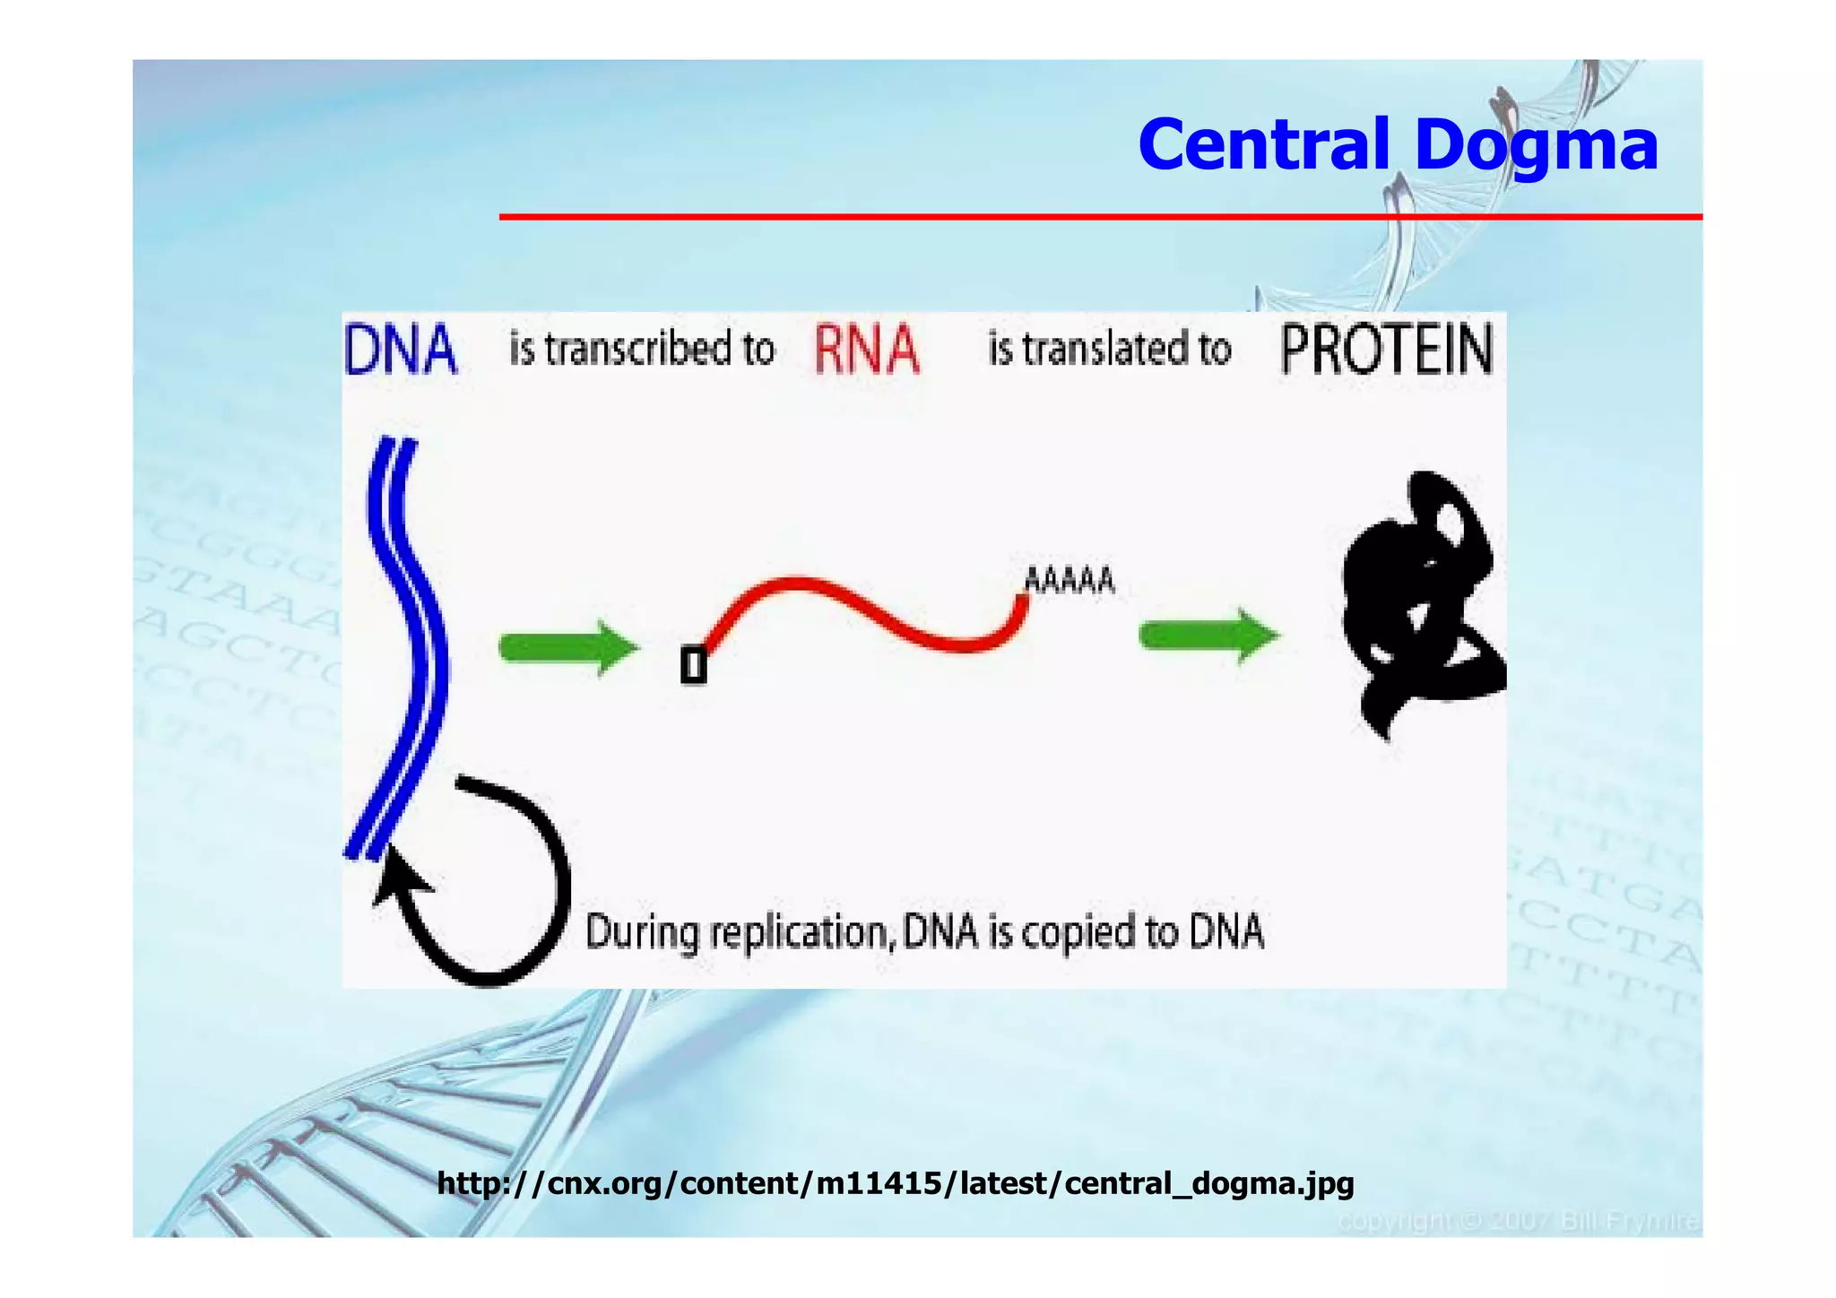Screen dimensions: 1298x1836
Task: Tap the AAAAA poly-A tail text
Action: [1069, 581]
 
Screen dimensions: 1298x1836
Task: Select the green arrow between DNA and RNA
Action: [567, 647]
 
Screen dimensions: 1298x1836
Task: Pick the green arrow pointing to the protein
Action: [1208, 636]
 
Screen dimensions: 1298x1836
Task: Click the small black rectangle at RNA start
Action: [693, 666]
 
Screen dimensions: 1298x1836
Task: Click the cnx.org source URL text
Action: [895, 1183]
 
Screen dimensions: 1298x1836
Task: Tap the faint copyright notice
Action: [1518, 1222]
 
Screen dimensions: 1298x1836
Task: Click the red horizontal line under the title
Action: [1100, 217]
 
